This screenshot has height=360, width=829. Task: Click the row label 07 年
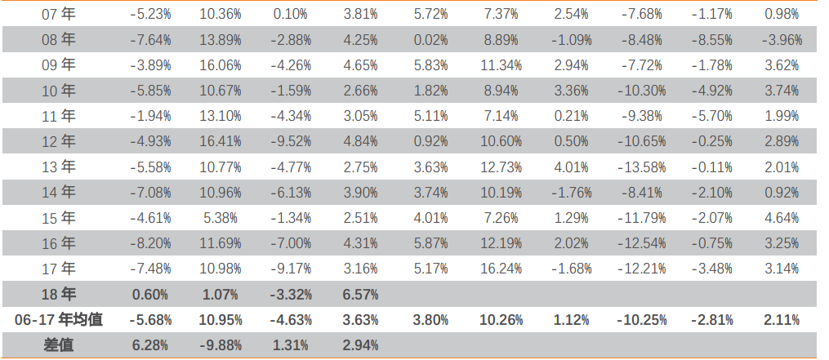click(58, 14)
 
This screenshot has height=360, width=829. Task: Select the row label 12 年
click(58, 141)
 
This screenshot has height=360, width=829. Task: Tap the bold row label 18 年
click(58, 294)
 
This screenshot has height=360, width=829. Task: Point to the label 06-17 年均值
click(59, 320)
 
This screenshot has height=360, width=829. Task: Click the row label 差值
click(58, 345)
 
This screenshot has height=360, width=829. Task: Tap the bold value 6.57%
click(360, 295)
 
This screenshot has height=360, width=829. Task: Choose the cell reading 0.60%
click(150, 295)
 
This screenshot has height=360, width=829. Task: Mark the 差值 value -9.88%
click(221, 345)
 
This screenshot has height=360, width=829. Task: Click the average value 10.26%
click(501, 320)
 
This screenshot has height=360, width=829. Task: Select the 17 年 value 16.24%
click(501, 269)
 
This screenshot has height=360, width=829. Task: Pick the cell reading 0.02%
click(430, 40)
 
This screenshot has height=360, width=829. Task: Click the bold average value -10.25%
click(642, 320)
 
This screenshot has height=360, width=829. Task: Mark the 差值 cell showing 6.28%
click(150, 345)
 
